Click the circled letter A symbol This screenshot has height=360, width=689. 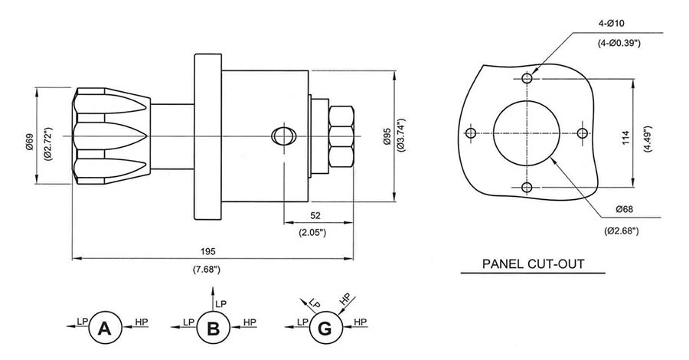(x=106, y=329)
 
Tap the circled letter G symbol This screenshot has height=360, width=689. (x=324, y=329)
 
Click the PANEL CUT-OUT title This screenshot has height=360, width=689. (x=534, y=264)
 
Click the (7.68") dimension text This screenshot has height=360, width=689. (x=208, y=270)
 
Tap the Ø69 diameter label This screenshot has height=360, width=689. (x=29, y=141)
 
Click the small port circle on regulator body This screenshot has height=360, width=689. (x=282, y=136)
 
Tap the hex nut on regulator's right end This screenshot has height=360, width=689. (x=340, y=136)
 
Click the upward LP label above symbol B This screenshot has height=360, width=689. (x=221, y=304)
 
